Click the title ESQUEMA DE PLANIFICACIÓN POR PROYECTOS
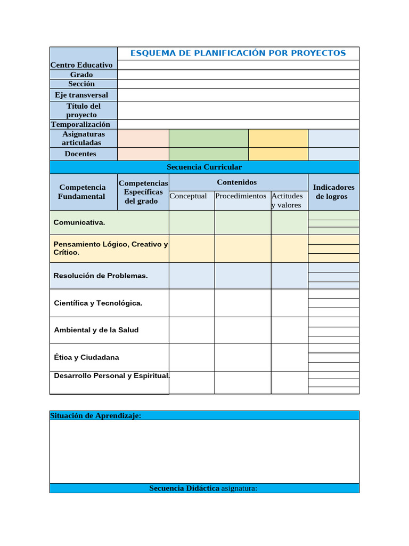(x=238, y=53)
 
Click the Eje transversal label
(x=81, y=95)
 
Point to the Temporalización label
(x=81, y=124)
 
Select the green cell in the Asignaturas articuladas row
(x=208, y=138)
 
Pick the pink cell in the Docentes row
(x=143, y=154)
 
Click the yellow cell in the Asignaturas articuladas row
(x=278, y=138)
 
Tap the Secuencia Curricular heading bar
(x=204, y=167)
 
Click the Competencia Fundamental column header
(x=82, y=192)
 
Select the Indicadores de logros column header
(x=333, y=192)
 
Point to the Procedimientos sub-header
(x=241, y=196)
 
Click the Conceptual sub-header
(x=188, y=196)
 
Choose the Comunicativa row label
(x=79, y=222)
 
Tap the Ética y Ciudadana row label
(x=86, y=357)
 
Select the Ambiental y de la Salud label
(x=96, y=330)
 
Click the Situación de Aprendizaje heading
(x=95, y=416)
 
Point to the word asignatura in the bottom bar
(x=239, y=488)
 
